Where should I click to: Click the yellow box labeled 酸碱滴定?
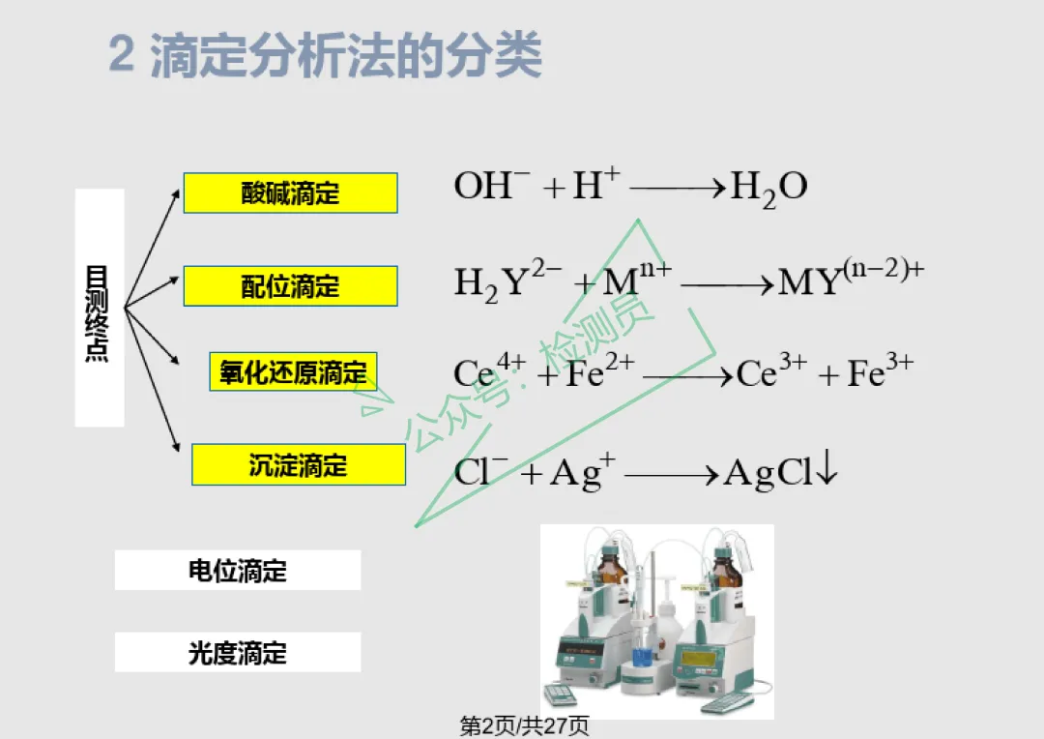[x=290, y=193]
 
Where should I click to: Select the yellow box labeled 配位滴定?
[x=290, y=286]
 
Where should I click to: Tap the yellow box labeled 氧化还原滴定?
[x=293, y=371]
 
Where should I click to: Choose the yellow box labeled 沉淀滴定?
[x=299, y=464]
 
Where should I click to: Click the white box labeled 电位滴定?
[x=238, y=571]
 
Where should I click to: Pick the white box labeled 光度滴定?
[x=238, y=652]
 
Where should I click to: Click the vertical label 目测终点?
[x=98, y=313]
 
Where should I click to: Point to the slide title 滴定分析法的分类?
[x=346, y=55]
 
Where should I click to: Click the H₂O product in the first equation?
[x=769, y=188]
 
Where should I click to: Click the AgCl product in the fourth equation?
[x=768, y=473]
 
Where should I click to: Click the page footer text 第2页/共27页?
[x=525, y=725]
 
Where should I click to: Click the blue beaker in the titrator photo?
[x=641, y=658]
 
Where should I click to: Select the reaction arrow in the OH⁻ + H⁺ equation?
[x=678, y=188]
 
